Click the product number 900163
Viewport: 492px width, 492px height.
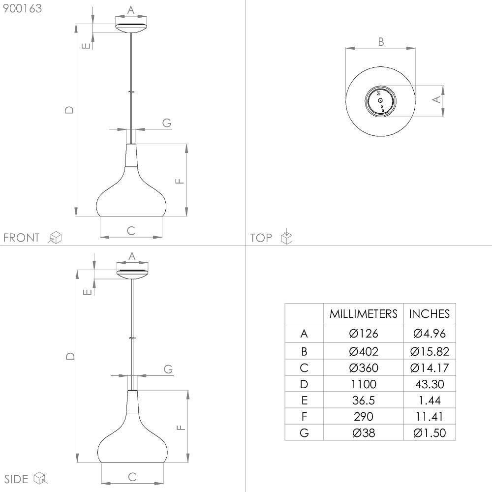click(22, 8)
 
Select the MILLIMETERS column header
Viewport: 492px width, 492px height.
click(364, 314)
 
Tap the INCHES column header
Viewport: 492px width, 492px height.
click(429, 314)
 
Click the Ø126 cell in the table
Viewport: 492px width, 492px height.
click(364, 333)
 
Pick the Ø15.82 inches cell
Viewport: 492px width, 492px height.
click(430, 351)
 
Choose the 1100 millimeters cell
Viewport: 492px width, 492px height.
click(364, 384)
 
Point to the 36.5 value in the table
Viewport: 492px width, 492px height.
click(364, 400)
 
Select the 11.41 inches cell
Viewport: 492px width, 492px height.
click(430, 417)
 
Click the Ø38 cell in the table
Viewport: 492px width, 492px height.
click(364, 433)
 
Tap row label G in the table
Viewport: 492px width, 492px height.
click(304, 433)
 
